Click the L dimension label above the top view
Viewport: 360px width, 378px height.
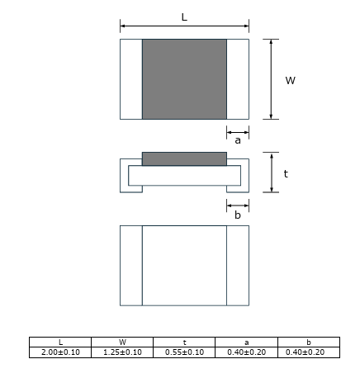(184, 17)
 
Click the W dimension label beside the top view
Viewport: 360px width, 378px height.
(291, 80)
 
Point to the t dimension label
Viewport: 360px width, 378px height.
(286, 173)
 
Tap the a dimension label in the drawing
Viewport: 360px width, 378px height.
(238, 140)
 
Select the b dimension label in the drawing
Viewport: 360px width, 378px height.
(238, 215)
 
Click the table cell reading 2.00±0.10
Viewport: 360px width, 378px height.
(60, 352)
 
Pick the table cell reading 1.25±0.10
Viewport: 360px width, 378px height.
(122, 352)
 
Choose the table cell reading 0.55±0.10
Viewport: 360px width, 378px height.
(184, 352)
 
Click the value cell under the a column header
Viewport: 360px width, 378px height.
(246, 352)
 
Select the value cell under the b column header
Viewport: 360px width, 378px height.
(309, 352)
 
